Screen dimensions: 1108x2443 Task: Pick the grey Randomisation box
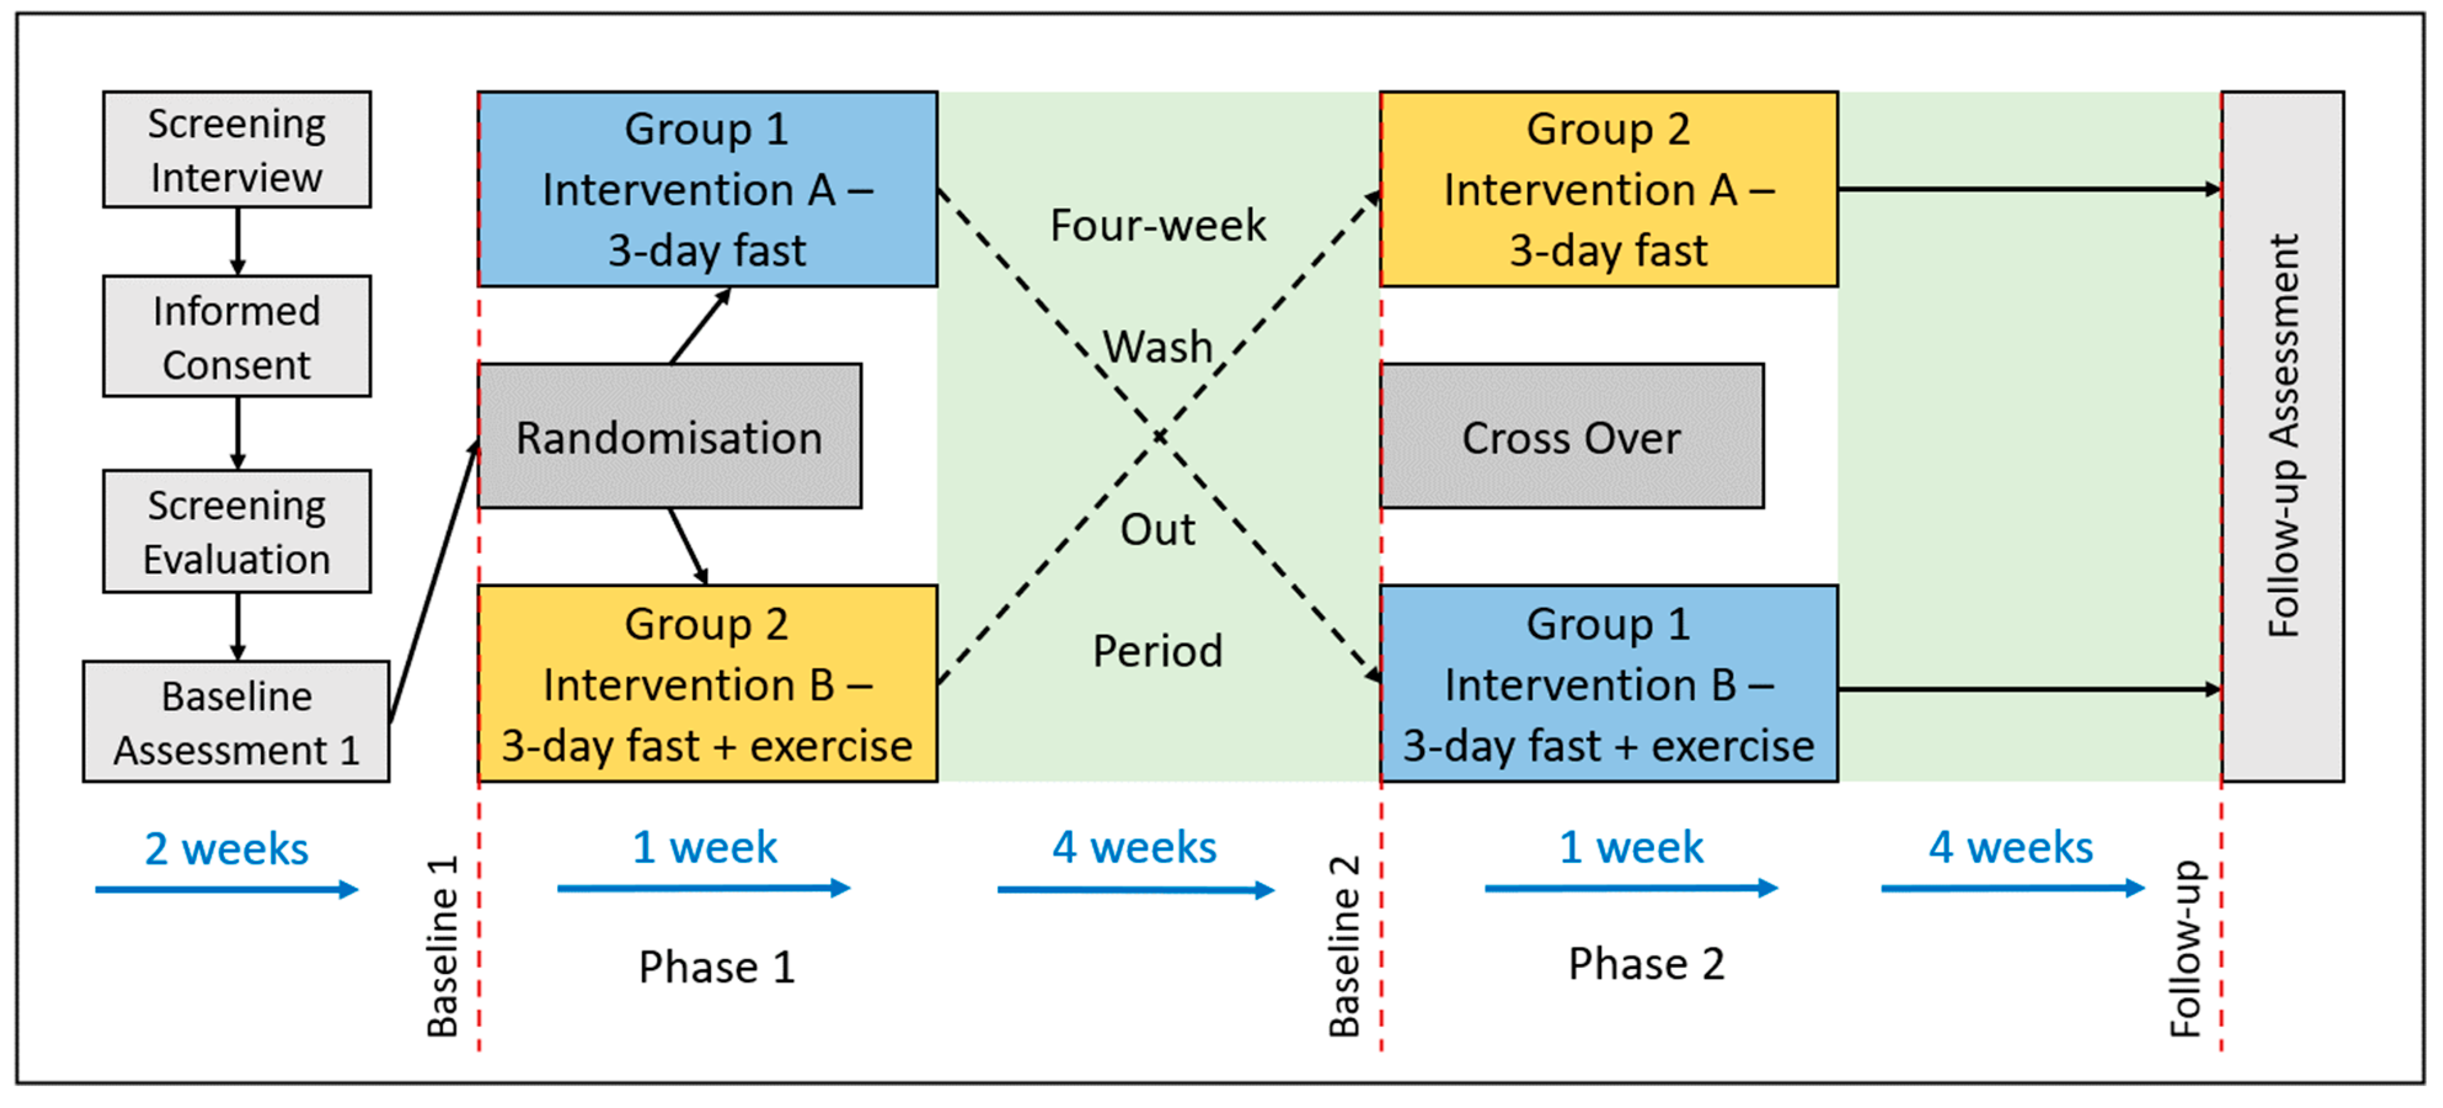tap(670, 436)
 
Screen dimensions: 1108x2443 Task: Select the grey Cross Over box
tap(1572, 436)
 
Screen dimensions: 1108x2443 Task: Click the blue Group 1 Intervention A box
tap(708, 189)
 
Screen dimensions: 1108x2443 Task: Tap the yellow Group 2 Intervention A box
tap(1609, 189)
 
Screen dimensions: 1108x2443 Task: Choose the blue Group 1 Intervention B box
tap(1609, 684)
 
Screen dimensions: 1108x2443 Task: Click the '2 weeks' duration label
tap(227, 848)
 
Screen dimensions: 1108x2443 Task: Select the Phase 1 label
tap(716, 967)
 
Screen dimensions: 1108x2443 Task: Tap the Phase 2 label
tap(1645, 964)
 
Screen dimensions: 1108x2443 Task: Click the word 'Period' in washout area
tap(1158, 651)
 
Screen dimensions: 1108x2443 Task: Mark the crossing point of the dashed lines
tap(1159, 436)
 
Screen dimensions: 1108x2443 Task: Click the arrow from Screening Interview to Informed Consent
tap(237, 241)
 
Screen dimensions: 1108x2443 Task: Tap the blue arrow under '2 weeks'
tap(227, 890)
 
